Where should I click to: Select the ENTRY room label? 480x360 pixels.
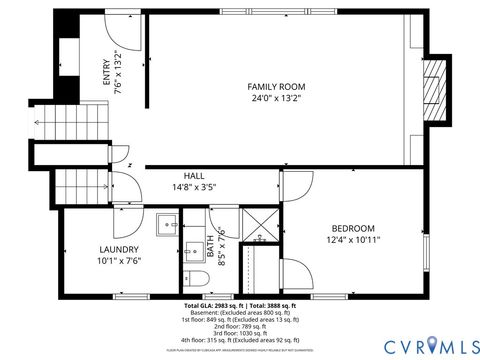107,73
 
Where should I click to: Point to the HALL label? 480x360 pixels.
180,175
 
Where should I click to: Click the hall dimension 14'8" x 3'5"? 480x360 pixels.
180,187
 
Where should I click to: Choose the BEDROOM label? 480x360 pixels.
353,228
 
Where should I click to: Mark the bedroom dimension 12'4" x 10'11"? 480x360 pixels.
353,240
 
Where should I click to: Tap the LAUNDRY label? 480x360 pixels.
118,249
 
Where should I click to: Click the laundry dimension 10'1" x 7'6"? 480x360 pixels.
118,261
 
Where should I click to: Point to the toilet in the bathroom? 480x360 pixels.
194,279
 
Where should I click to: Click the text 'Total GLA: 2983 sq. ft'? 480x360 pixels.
214,305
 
